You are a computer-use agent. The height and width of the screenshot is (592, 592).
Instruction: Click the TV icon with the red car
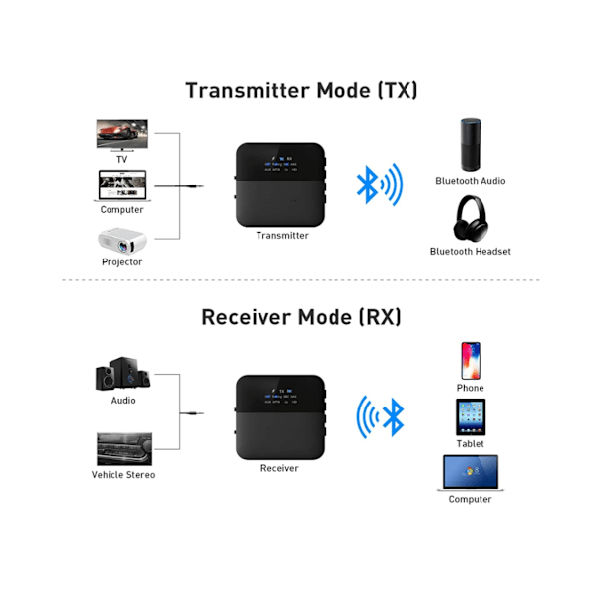tap(121, 134)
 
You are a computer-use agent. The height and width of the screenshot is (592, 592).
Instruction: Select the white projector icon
tap(121, 239)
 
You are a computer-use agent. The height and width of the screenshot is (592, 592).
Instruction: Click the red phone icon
tap(471, 360)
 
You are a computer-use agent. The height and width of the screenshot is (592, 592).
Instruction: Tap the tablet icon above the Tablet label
tap(470, 416)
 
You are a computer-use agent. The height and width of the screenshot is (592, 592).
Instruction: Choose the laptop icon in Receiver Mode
tap(470, 473)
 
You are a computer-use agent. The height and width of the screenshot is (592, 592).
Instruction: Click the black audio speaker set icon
tap(121, 374)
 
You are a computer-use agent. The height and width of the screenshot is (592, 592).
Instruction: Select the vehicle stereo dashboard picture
tap(122, 448)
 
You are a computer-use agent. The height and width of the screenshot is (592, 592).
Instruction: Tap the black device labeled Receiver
tap(279, 415)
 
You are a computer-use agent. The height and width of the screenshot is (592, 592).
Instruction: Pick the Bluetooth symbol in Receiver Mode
tap(393, 415)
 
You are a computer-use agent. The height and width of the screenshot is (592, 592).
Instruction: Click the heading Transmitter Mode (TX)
tap(301, 90)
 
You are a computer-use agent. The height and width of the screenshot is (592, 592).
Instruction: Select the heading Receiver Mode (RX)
tap(301, 317)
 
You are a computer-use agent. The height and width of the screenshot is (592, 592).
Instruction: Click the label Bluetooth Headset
tap(470, 252)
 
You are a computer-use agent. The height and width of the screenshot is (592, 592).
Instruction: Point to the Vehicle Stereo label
tap(123, 475)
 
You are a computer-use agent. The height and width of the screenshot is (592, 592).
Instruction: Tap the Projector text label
tap(121, 262)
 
